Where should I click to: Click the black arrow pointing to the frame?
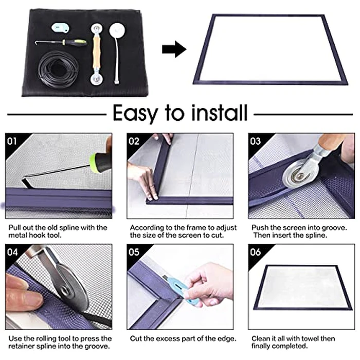(173, 49)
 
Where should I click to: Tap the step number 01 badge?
(12, 140)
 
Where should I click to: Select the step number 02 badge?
(134, 140)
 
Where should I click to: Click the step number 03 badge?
(255, 140)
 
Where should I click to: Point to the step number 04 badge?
(12, 252)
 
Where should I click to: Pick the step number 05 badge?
(134, 252)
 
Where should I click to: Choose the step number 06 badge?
(255, 252)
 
